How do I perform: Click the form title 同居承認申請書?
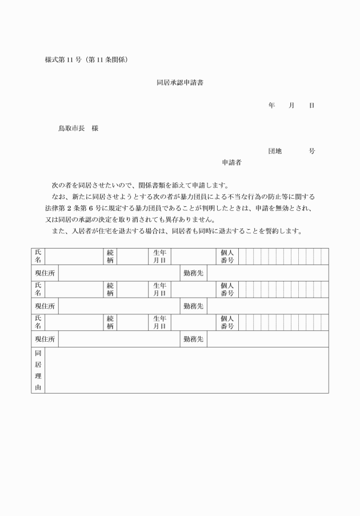pos(180,83)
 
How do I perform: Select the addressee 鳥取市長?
pos(70,129)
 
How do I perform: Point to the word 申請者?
pos(231,163)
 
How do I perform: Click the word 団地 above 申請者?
pos(275,151)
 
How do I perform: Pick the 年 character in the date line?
pos(271,106)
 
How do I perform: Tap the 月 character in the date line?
pos(291,106)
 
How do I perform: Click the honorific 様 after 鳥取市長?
pos(95,129)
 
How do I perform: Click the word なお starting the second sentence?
pos(57,197)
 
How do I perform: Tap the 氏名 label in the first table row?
pos(38,256)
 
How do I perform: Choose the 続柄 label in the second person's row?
pos(110,289)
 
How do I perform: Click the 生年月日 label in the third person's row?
pos(159,322)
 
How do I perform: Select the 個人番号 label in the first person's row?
pos(227,256)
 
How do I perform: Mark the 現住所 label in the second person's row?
pos(45,306)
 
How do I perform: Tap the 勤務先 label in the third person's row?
pos(193,339)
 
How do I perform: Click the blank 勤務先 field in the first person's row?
pos(267,273)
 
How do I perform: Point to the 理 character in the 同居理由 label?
pos(38,377)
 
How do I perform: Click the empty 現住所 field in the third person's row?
pos(119,339)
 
